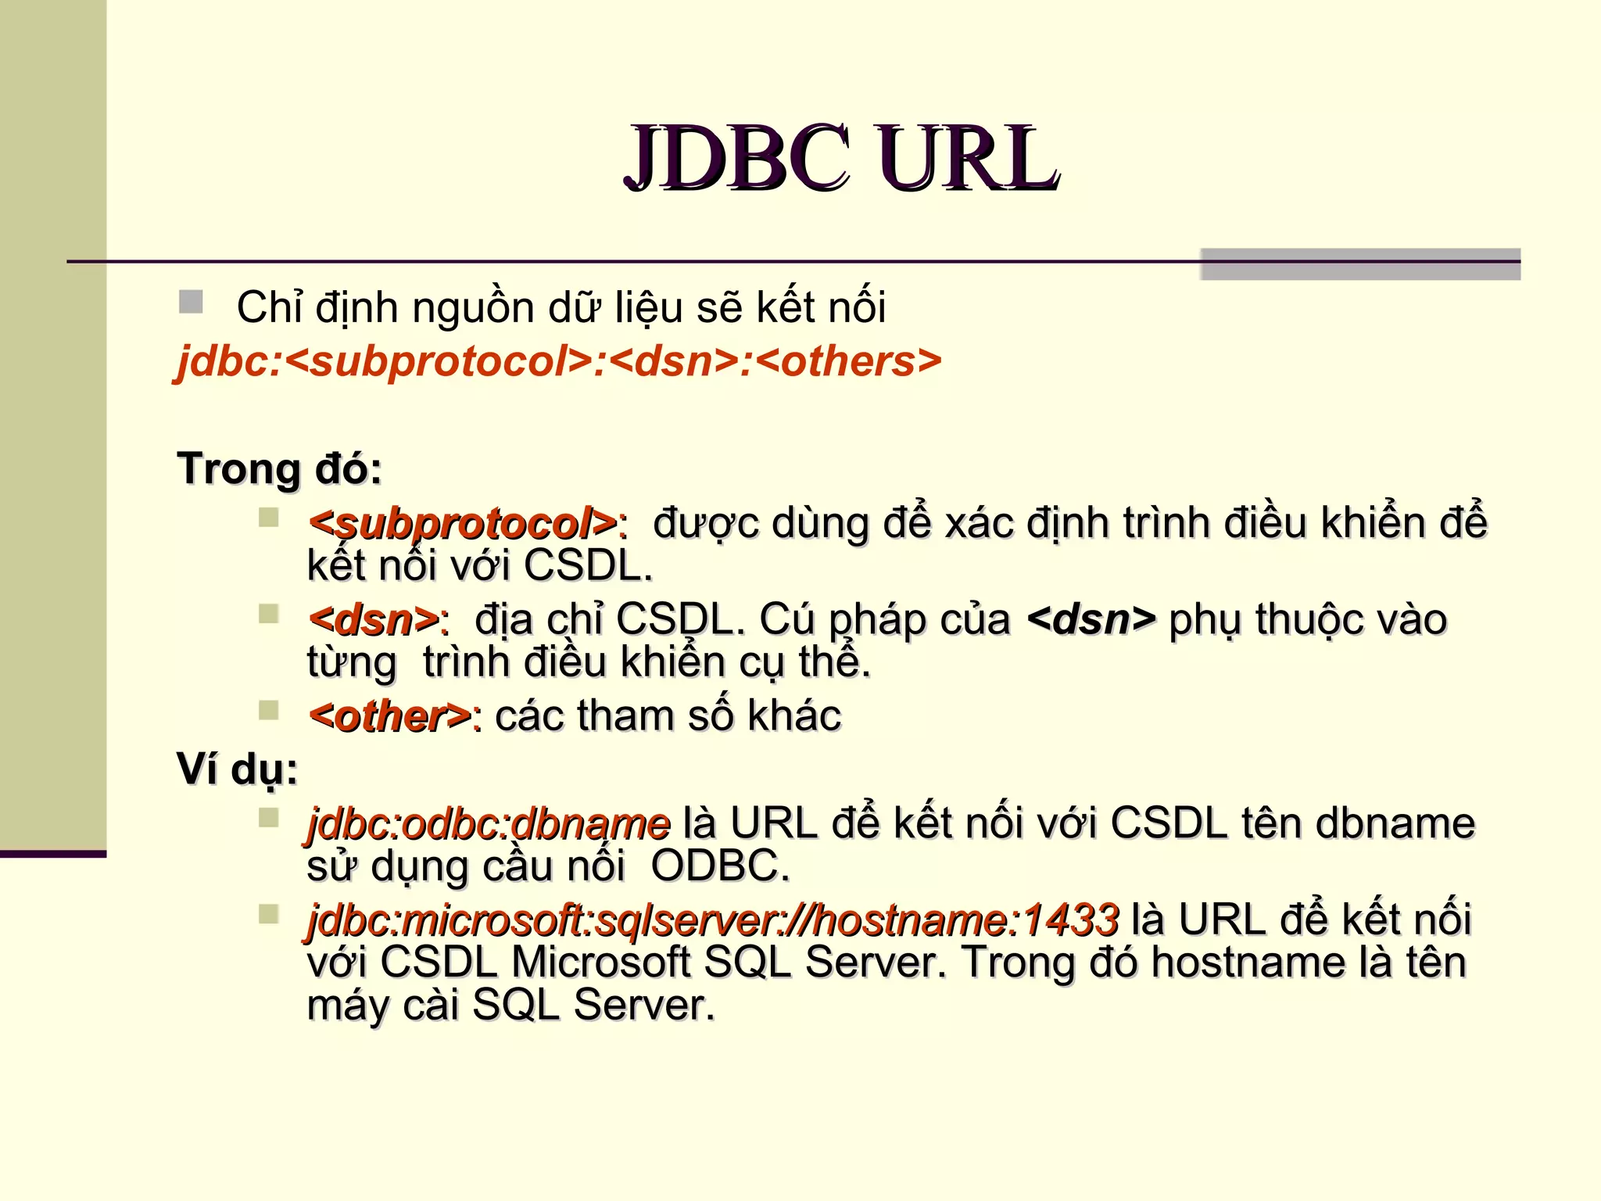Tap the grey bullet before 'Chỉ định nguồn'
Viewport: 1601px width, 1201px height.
191,302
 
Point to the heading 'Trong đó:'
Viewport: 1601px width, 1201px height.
279,468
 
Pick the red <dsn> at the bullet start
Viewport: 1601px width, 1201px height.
374,620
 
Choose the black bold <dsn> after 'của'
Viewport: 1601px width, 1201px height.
1091,620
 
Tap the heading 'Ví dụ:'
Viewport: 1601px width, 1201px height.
238,769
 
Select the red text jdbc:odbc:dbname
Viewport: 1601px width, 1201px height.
489,823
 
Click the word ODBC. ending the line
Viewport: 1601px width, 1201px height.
720,866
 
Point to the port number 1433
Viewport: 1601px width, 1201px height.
1070,920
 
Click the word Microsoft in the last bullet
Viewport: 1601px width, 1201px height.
600,962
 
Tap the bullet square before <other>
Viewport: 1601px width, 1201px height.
269,710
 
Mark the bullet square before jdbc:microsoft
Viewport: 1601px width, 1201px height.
269,914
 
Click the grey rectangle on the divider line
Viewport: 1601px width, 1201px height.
1360,264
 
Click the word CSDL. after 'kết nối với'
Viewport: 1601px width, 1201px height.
588,566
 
